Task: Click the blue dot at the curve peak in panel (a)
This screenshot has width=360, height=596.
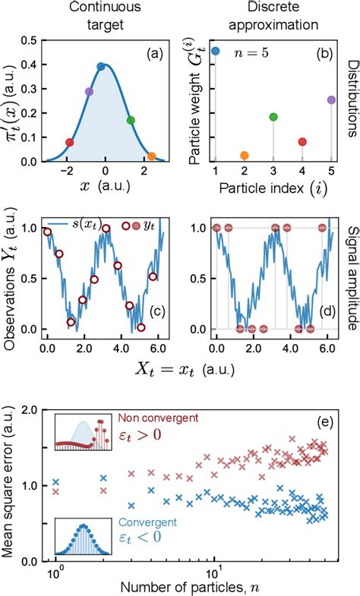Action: (101, 66)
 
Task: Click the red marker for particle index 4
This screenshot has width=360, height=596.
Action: (302, 141)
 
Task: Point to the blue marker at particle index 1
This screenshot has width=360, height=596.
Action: (216, 52)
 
